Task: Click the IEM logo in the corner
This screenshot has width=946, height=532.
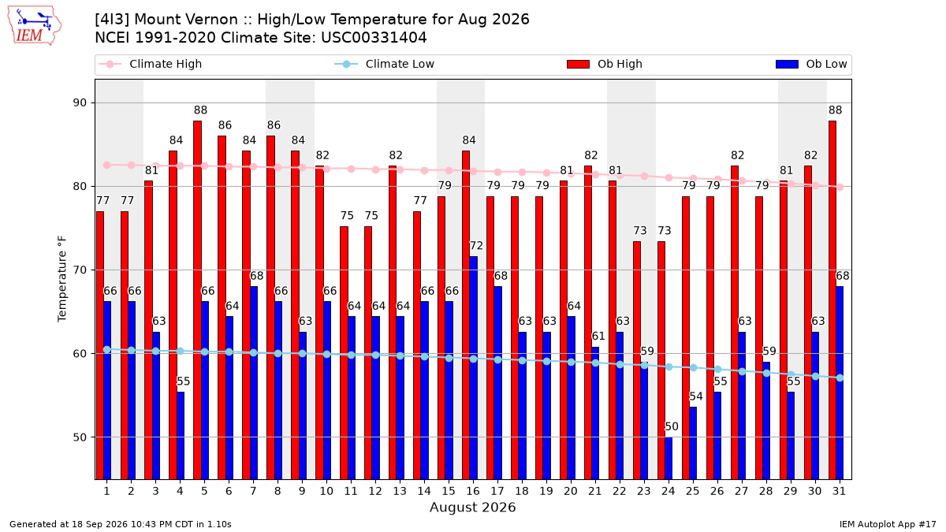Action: (35, 26)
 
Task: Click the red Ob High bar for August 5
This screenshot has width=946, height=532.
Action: (197, 300)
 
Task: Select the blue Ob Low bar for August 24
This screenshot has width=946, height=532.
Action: (669, 459)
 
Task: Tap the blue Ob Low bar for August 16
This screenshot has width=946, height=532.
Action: (474, 368)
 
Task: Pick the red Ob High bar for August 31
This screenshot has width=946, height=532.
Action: (832, 300)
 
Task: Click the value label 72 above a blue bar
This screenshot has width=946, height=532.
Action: (476, 246)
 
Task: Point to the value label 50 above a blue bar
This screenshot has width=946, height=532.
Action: (672, 426)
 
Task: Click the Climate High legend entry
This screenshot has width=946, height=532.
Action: (151, 64)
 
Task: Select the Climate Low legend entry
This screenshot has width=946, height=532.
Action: (385, 64)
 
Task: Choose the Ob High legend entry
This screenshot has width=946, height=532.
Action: (605, 64)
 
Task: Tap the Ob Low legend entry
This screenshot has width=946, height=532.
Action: (811, 64)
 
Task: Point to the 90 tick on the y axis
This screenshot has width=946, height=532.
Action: (80, 103)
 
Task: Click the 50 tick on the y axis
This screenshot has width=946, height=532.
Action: (80, 437)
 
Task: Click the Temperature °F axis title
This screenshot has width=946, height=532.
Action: (62, 279)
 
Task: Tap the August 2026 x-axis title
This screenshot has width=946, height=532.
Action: (473, 507)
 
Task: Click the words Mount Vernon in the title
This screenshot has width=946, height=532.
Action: (186, 20)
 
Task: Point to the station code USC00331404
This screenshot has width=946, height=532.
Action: (374, 38)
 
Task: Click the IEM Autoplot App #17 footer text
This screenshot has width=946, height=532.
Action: (888, 524)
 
